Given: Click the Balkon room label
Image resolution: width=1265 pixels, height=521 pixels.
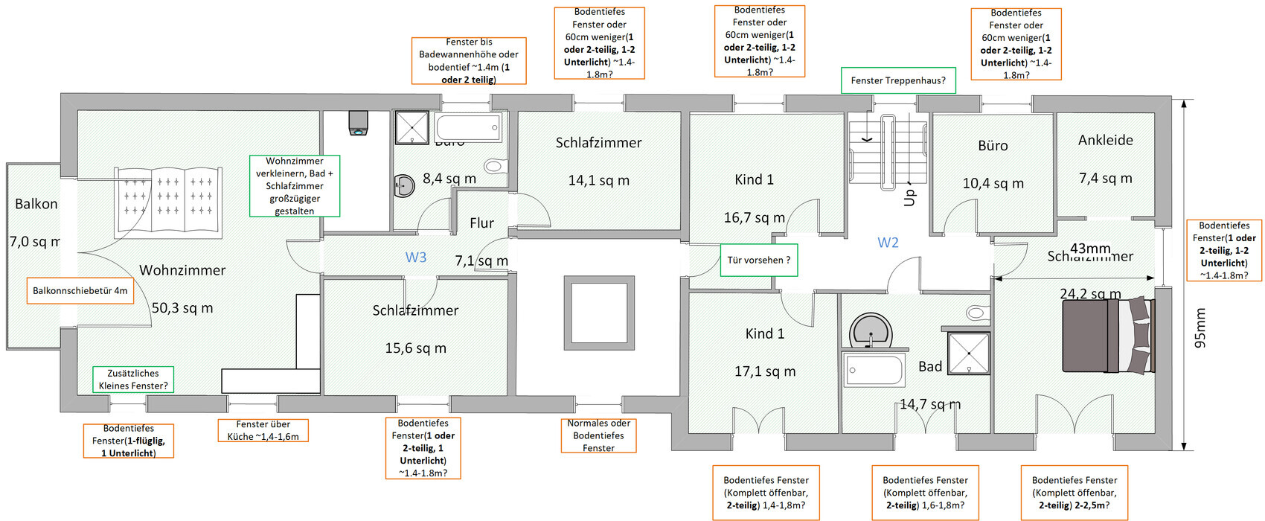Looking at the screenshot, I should click(x=36, y=204).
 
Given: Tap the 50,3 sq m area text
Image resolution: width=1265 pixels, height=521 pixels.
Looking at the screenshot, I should click(x=182, y=307).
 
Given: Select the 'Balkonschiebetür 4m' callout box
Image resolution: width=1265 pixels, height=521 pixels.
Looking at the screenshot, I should click(x=80, y=291).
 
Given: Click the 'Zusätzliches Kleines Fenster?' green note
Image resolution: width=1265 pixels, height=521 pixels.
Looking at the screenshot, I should click(x=133, y=380).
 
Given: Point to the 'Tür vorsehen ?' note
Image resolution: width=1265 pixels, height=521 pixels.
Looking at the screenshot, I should click(x=759, y=260).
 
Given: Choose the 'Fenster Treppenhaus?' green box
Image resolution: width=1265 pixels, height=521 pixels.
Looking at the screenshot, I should click(x=898, y=80).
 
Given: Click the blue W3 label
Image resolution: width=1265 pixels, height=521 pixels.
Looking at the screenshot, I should click(x=416, y=258).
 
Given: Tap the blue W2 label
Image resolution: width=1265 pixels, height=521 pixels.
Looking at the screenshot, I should click(x=888, y=243).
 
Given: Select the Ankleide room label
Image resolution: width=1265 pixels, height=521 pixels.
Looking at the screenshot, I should click(x=1105, y=140).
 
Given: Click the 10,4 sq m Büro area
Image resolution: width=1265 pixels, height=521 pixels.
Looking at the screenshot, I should click(x=993, y=183).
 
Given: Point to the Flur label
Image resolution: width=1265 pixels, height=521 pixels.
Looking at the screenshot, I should click(x=481, y=223).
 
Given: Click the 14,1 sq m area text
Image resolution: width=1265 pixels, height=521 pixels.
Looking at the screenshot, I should click(x=598, y=180).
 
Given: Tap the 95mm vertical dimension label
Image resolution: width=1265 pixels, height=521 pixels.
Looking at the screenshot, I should click(x=1200, y=328).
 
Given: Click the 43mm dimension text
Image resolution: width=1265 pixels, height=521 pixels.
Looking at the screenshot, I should click(x=1090, y=249).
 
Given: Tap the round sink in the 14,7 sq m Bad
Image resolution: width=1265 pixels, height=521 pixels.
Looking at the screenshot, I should click(x=871, y=330).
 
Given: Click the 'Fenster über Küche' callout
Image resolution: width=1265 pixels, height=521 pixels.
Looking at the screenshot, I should click(x=263, y=430).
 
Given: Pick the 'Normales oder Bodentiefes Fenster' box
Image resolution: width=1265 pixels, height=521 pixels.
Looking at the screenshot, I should click(x=598, y=435).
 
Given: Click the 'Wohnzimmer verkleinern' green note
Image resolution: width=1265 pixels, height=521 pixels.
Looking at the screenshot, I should click(x=295, y=186).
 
